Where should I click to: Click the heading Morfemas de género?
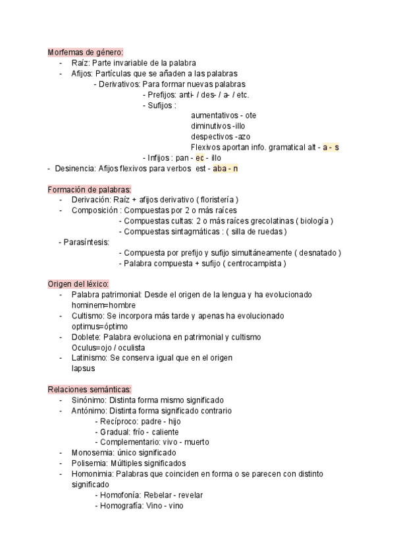pos(85,53)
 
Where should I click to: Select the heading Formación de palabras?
pos(90,189)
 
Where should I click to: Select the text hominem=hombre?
pos(103,305)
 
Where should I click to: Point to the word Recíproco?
pos(119,421)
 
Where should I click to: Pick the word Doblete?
pos(86,337)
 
